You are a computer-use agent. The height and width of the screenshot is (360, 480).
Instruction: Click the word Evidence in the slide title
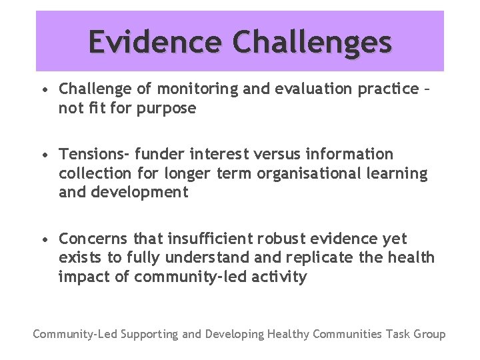point(155,42)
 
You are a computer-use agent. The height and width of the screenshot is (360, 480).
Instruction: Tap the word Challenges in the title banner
point(311,42)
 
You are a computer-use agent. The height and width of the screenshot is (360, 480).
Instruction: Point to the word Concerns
point(93,239)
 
